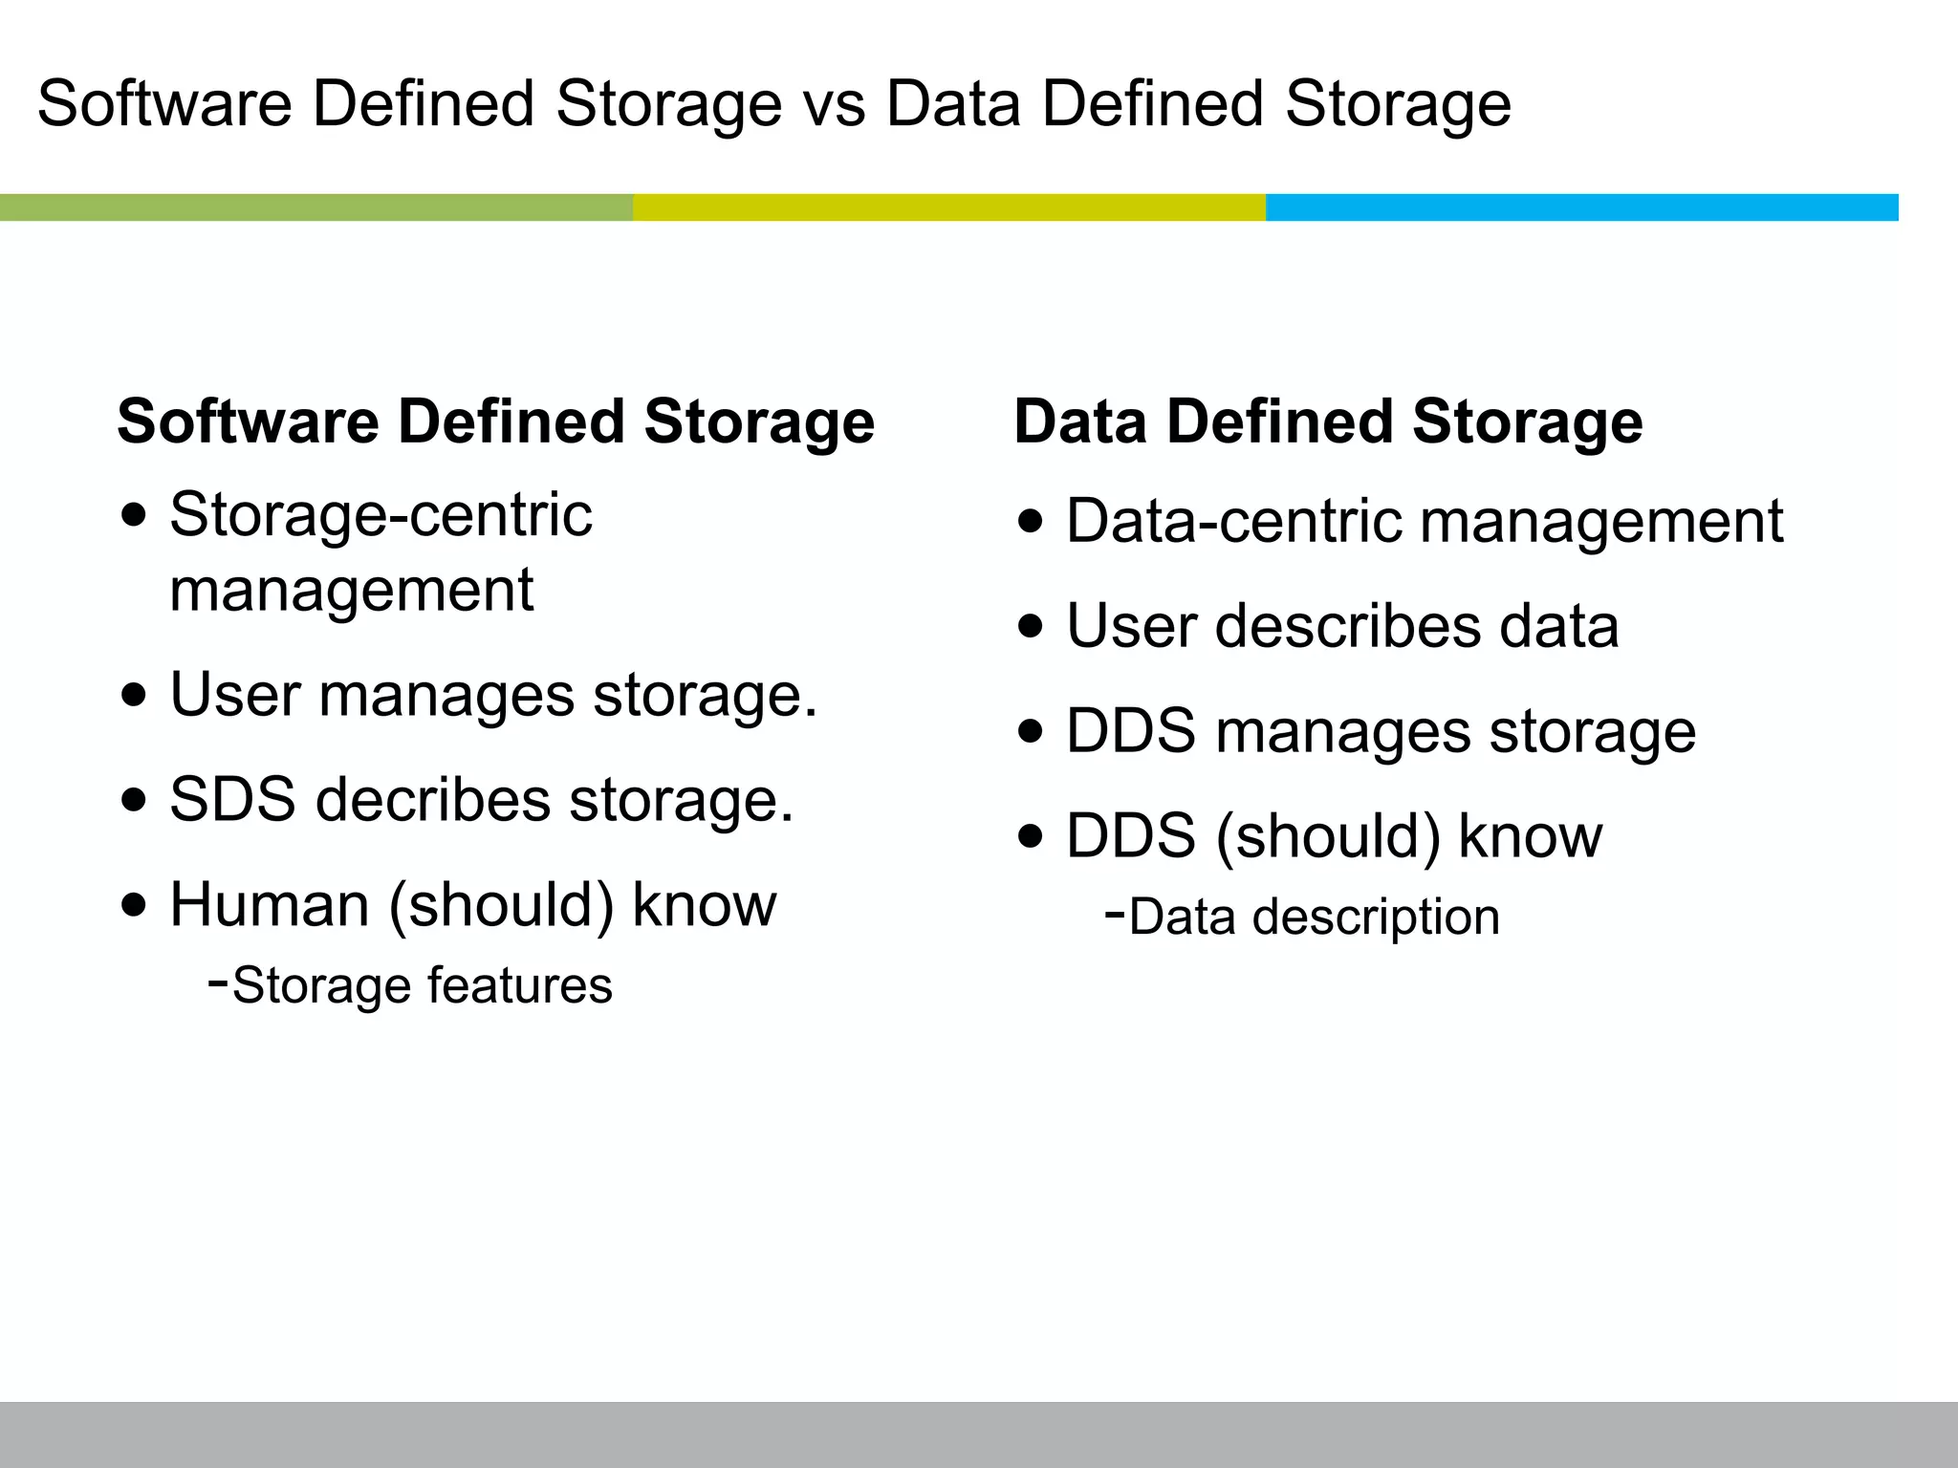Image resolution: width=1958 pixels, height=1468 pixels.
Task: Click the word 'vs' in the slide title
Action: (x=834, y=105)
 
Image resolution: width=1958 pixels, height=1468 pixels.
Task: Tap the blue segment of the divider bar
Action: (x=1581, y=207)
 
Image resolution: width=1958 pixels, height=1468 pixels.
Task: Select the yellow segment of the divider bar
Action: (x=948, y=207)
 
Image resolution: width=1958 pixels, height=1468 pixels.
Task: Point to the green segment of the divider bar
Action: (x=315, y=207)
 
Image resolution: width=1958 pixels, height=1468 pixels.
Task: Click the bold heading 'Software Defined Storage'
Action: (x=495, y=421)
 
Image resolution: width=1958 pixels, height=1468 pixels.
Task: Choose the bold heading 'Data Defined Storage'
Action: (x=1328, y=421)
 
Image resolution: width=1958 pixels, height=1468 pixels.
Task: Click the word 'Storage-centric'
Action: (x=381, y=516)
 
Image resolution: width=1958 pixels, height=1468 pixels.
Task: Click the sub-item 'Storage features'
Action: (x=422, y=985)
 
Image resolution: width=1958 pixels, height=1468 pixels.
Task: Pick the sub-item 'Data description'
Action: (x=1314, y=917)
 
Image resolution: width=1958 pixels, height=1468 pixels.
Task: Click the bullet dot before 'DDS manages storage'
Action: (x=1032, y=732)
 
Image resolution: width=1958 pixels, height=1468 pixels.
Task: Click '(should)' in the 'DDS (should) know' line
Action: (x=1327, y=837)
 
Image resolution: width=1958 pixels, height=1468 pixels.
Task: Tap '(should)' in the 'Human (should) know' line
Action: (x=501, y=905)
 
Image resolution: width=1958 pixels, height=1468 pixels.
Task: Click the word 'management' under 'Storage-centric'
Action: (x=351, y=591)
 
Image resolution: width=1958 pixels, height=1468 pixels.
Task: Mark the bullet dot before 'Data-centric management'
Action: (x=1032, y=522)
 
